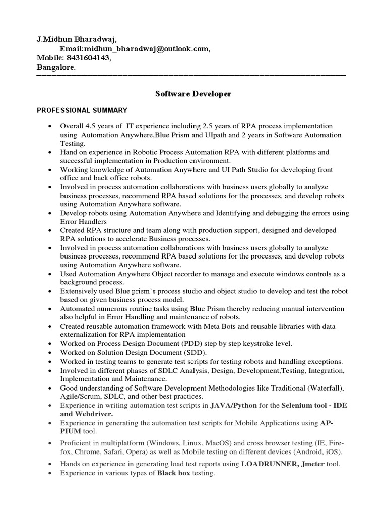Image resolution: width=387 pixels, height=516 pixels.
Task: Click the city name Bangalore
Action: pos(55,67)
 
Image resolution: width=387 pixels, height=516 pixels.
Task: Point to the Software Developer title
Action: pos(193,94)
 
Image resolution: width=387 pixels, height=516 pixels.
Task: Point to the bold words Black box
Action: pos(175,473)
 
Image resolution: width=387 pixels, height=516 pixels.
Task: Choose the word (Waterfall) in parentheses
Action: pos(325,388)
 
